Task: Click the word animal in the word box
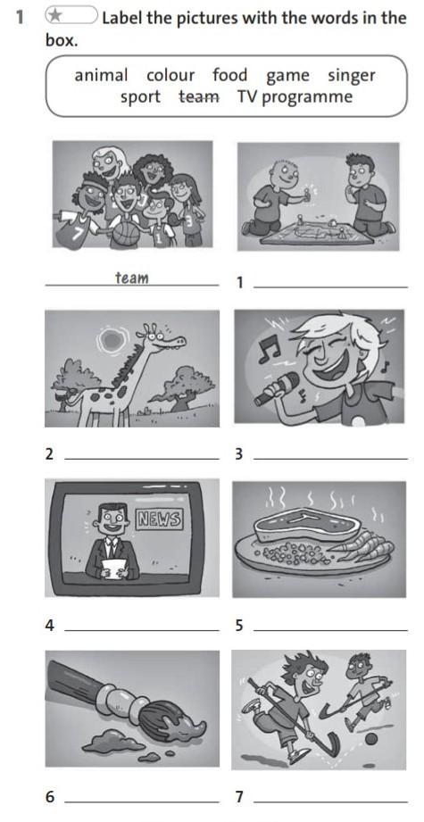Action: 101,76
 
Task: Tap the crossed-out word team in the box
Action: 199,97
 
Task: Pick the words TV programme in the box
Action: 295,98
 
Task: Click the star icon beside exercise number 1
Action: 54,16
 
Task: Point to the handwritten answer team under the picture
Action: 132,278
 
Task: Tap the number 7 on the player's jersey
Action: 79,232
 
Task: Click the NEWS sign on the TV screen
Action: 159,519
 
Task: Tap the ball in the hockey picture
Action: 371,739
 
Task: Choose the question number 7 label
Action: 239,797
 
